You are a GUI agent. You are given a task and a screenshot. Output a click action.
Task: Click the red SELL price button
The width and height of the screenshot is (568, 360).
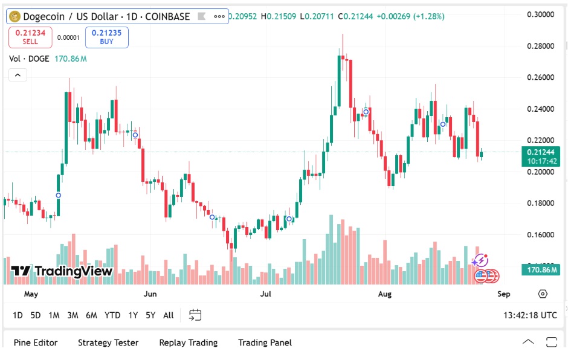click(30, 37)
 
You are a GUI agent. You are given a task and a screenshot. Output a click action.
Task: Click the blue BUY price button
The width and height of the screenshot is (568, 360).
click(106, 37)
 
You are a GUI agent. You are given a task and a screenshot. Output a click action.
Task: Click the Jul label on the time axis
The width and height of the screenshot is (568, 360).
click(265, 294)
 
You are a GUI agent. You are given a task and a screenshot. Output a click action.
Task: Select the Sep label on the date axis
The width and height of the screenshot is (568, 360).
click(503, 294)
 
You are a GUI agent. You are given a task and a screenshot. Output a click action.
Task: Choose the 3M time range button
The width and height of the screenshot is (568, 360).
click(73, 315)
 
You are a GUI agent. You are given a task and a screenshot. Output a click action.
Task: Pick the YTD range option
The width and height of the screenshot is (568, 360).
click(112, 315)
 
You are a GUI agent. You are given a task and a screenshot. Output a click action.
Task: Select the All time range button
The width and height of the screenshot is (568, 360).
click(169, 315)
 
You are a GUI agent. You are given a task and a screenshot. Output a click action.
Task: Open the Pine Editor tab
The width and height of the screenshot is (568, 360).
click(36, 342)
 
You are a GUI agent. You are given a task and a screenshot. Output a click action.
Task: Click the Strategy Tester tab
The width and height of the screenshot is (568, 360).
click(108, 342)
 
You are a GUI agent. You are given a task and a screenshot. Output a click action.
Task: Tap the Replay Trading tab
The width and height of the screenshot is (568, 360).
click(188, 342)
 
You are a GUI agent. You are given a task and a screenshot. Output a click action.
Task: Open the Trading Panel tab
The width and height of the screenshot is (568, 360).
click(265, 342)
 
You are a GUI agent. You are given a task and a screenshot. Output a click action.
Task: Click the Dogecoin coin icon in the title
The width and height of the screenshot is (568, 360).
click(15, 16)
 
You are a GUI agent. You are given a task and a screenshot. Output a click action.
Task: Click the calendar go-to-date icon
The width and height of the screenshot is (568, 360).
click(195, 315)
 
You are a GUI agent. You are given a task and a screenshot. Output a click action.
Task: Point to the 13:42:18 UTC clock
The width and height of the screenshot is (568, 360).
click(530, 315)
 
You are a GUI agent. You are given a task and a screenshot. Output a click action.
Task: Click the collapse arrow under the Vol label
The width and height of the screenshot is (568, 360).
click(18, 75)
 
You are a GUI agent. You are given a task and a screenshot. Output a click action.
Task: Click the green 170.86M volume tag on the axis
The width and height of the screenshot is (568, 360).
click(540, 269)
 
